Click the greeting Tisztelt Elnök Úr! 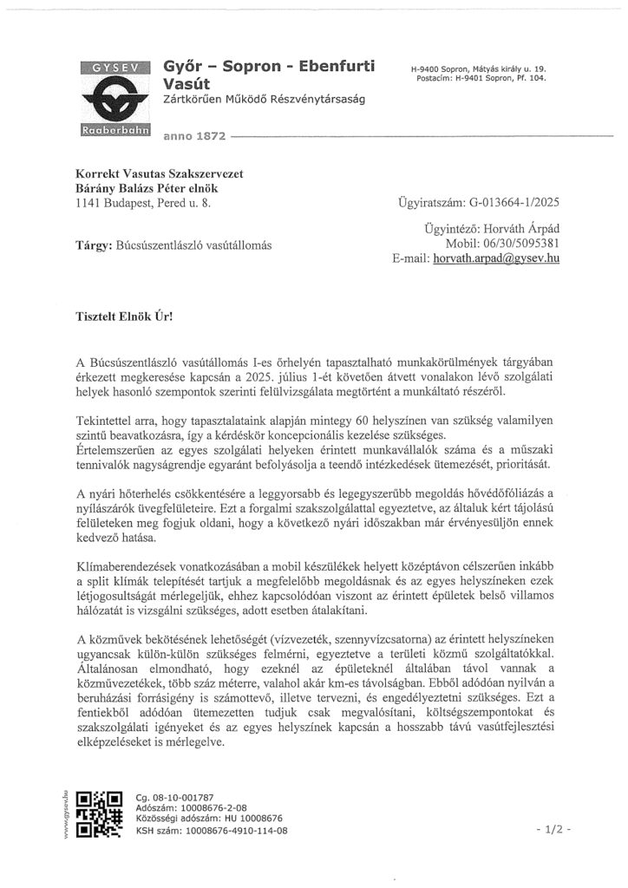click(x=124, y=318)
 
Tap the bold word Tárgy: click(x=96, y=245)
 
